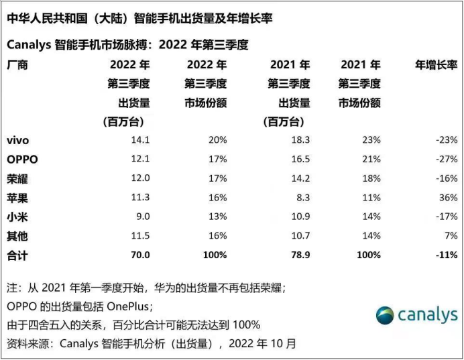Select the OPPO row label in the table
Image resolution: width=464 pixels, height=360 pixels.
point(22,160)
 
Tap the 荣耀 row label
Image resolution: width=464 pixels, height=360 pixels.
point(17,178)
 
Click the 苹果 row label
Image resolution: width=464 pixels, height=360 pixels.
point(17,198)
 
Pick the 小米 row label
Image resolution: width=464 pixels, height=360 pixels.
point(17,217)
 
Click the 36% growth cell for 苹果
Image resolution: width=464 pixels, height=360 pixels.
point(448,198)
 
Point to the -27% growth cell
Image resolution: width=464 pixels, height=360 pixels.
point(446,160)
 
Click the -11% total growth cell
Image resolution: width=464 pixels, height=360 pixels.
point(445,255)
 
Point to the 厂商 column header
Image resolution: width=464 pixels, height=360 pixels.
point(17,66)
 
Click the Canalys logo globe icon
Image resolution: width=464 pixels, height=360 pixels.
point(386,315)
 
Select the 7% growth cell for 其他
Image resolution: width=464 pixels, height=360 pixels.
point(451,236)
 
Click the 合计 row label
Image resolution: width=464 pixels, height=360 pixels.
point(17,255)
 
